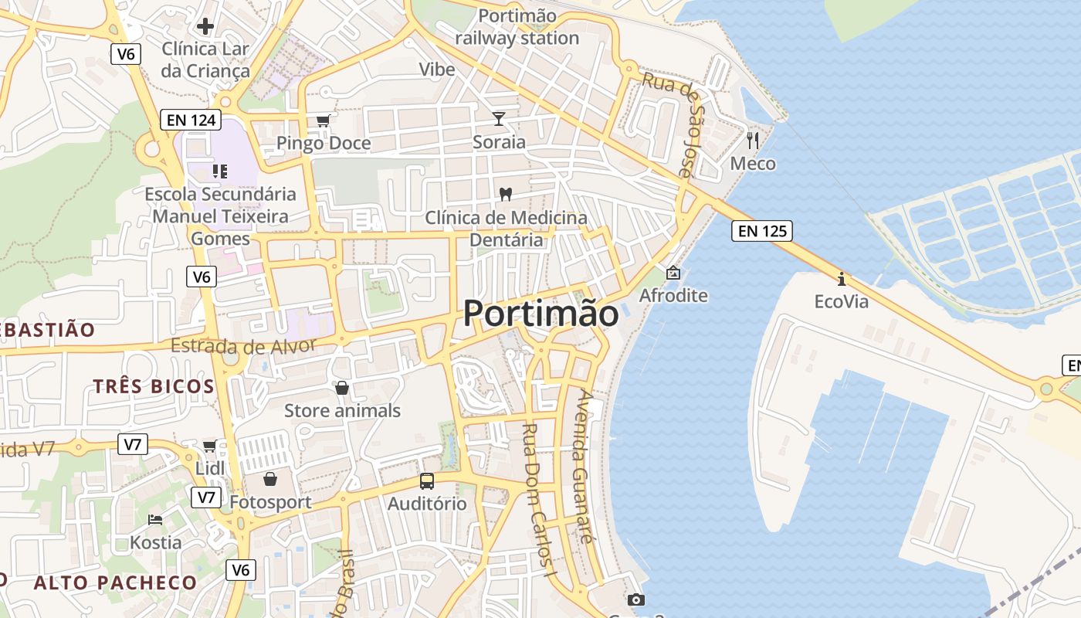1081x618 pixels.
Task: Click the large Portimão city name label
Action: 540,314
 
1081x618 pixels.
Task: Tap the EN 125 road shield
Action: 763,230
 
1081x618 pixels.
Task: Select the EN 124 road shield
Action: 191,120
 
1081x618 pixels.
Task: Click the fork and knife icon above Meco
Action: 753,140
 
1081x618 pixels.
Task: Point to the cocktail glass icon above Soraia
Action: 499,118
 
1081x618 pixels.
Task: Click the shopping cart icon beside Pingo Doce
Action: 324,120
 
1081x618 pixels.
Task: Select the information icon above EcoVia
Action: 841,278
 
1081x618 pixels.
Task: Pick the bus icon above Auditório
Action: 427,480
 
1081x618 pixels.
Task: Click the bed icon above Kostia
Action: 155,519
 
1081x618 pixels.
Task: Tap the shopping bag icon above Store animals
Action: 342,387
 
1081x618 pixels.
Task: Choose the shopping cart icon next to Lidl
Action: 209,446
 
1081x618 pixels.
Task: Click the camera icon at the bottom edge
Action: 635,599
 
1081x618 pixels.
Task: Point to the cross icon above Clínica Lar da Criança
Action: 205,26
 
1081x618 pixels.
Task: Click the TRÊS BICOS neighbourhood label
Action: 154,386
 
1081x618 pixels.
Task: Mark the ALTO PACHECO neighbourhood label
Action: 115,582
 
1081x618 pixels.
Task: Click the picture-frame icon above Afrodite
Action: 673,273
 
